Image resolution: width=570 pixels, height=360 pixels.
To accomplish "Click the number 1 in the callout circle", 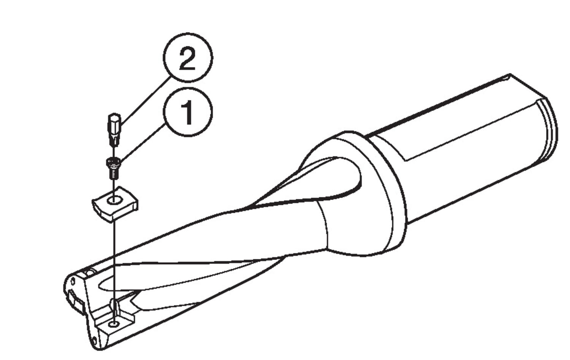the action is (x=188, y=112).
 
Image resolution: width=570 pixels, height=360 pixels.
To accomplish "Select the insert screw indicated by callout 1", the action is (x=113, y=168).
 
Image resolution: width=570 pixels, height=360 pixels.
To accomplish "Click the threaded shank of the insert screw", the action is (x=114, y=174).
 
